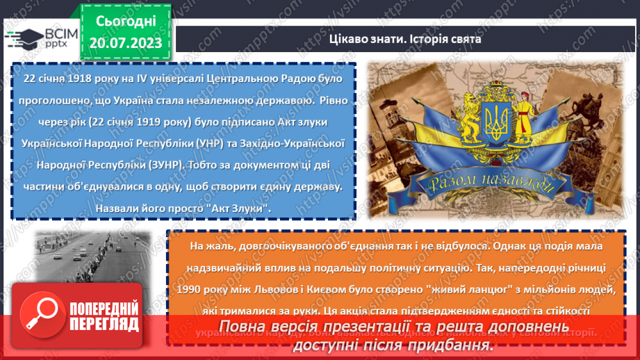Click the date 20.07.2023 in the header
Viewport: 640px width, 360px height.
[125, 43]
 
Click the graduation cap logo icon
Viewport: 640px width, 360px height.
[22, 39]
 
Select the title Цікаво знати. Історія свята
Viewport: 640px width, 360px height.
[404, 40]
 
